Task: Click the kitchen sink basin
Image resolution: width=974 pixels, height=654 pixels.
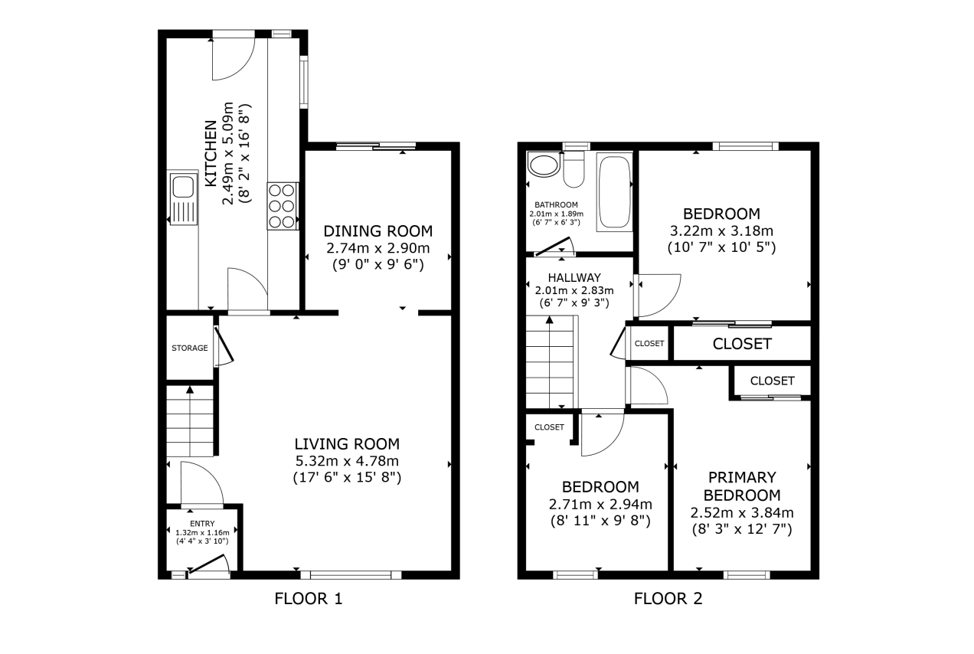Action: point(183,187)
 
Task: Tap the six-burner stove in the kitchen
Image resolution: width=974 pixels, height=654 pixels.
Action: point(283,206)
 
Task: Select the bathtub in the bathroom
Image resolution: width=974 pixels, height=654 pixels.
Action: point(614,191)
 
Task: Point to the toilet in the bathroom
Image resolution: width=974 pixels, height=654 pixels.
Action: point(574,168)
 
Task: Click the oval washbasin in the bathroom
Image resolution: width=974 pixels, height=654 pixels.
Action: point(543,165)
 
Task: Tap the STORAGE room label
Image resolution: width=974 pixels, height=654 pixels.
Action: point(190,348)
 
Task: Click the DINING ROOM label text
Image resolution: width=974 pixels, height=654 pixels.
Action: point(378,231)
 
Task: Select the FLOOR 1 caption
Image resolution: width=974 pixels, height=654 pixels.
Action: point(309,599)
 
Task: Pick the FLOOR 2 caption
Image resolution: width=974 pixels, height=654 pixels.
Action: point(668,599)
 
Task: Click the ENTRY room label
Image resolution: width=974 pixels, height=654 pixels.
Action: point(202,524)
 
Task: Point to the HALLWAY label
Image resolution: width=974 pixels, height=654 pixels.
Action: point(574,277)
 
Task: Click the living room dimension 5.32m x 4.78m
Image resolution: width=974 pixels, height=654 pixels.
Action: point(347,460)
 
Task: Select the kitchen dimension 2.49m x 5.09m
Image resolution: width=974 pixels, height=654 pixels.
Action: point(228,153)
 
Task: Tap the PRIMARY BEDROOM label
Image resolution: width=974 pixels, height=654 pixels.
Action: point(742,486)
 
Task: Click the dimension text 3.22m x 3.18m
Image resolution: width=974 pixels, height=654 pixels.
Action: point(722,231)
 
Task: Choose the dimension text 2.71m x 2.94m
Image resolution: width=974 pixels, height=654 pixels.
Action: point(600,504)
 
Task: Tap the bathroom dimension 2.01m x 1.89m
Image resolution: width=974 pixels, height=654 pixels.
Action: point(556,214)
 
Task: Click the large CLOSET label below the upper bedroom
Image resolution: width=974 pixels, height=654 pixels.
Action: point(742,344)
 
